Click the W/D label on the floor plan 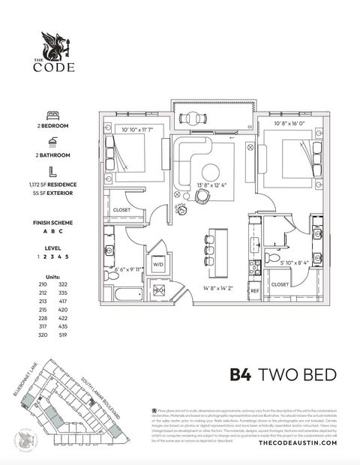[158, 265]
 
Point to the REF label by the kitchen [254, 290]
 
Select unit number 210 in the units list [43, 285]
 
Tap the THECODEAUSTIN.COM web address [298, 443]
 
